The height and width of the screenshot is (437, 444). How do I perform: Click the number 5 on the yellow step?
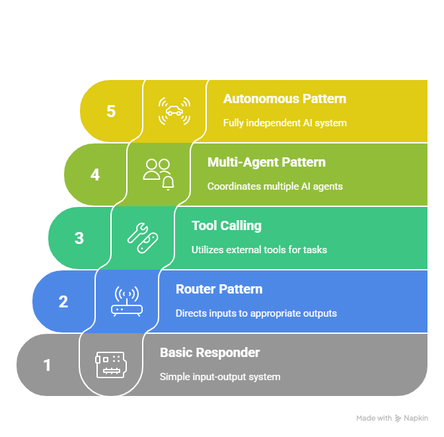(111, 111)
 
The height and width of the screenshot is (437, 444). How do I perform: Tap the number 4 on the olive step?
(95, 175)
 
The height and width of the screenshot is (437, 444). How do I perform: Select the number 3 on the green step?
(79, 238)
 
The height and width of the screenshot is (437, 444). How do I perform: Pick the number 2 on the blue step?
(63, 301)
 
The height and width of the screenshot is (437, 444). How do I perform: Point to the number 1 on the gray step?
(47, 365)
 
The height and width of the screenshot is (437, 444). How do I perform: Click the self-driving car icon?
(174, 111)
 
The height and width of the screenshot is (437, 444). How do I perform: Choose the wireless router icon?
(127, 301)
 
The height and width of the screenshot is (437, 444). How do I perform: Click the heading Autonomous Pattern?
(285, 99)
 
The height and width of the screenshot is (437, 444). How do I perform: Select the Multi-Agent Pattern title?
(266, 163)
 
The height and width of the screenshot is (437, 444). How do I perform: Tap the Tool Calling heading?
(227, 226)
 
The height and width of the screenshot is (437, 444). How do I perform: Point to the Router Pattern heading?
(219, 290)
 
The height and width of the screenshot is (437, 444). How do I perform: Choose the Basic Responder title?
(210, 353)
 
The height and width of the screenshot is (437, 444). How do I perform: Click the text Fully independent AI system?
(285, 123)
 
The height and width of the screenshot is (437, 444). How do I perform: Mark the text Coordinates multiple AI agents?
(275, 186)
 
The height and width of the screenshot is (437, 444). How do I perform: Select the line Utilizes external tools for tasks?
(259, 250)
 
